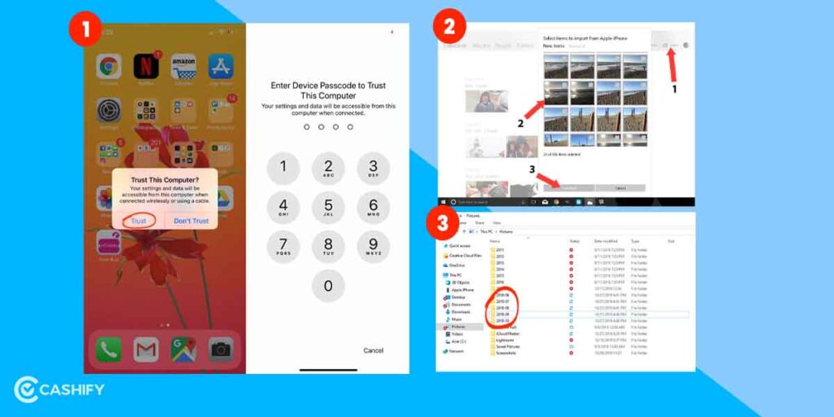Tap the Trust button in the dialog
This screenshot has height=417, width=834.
point(138,221)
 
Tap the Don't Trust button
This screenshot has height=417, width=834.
point(191,221)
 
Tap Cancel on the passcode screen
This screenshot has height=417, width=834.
point(373,350)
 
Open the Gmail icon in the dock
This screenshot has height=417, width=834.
point(146,349)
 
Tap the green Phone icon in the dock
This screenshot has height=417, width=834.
point(108,349)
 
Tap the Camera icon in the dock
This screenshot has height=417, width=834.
point(221,349)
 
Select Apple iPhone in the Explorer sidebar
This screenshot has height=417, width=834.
point(463,289)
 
